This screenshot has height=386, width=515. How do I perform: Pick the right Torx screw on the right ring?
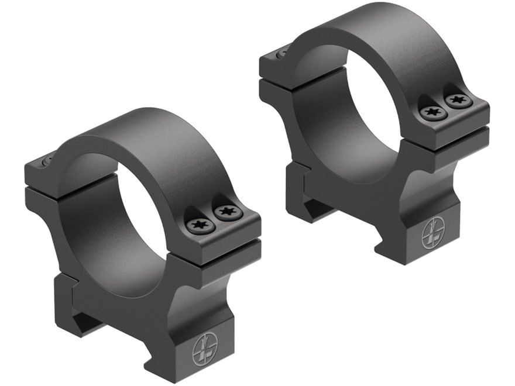458,101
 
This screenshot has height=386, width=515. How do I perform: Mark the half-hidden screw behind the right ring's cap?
283,53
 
